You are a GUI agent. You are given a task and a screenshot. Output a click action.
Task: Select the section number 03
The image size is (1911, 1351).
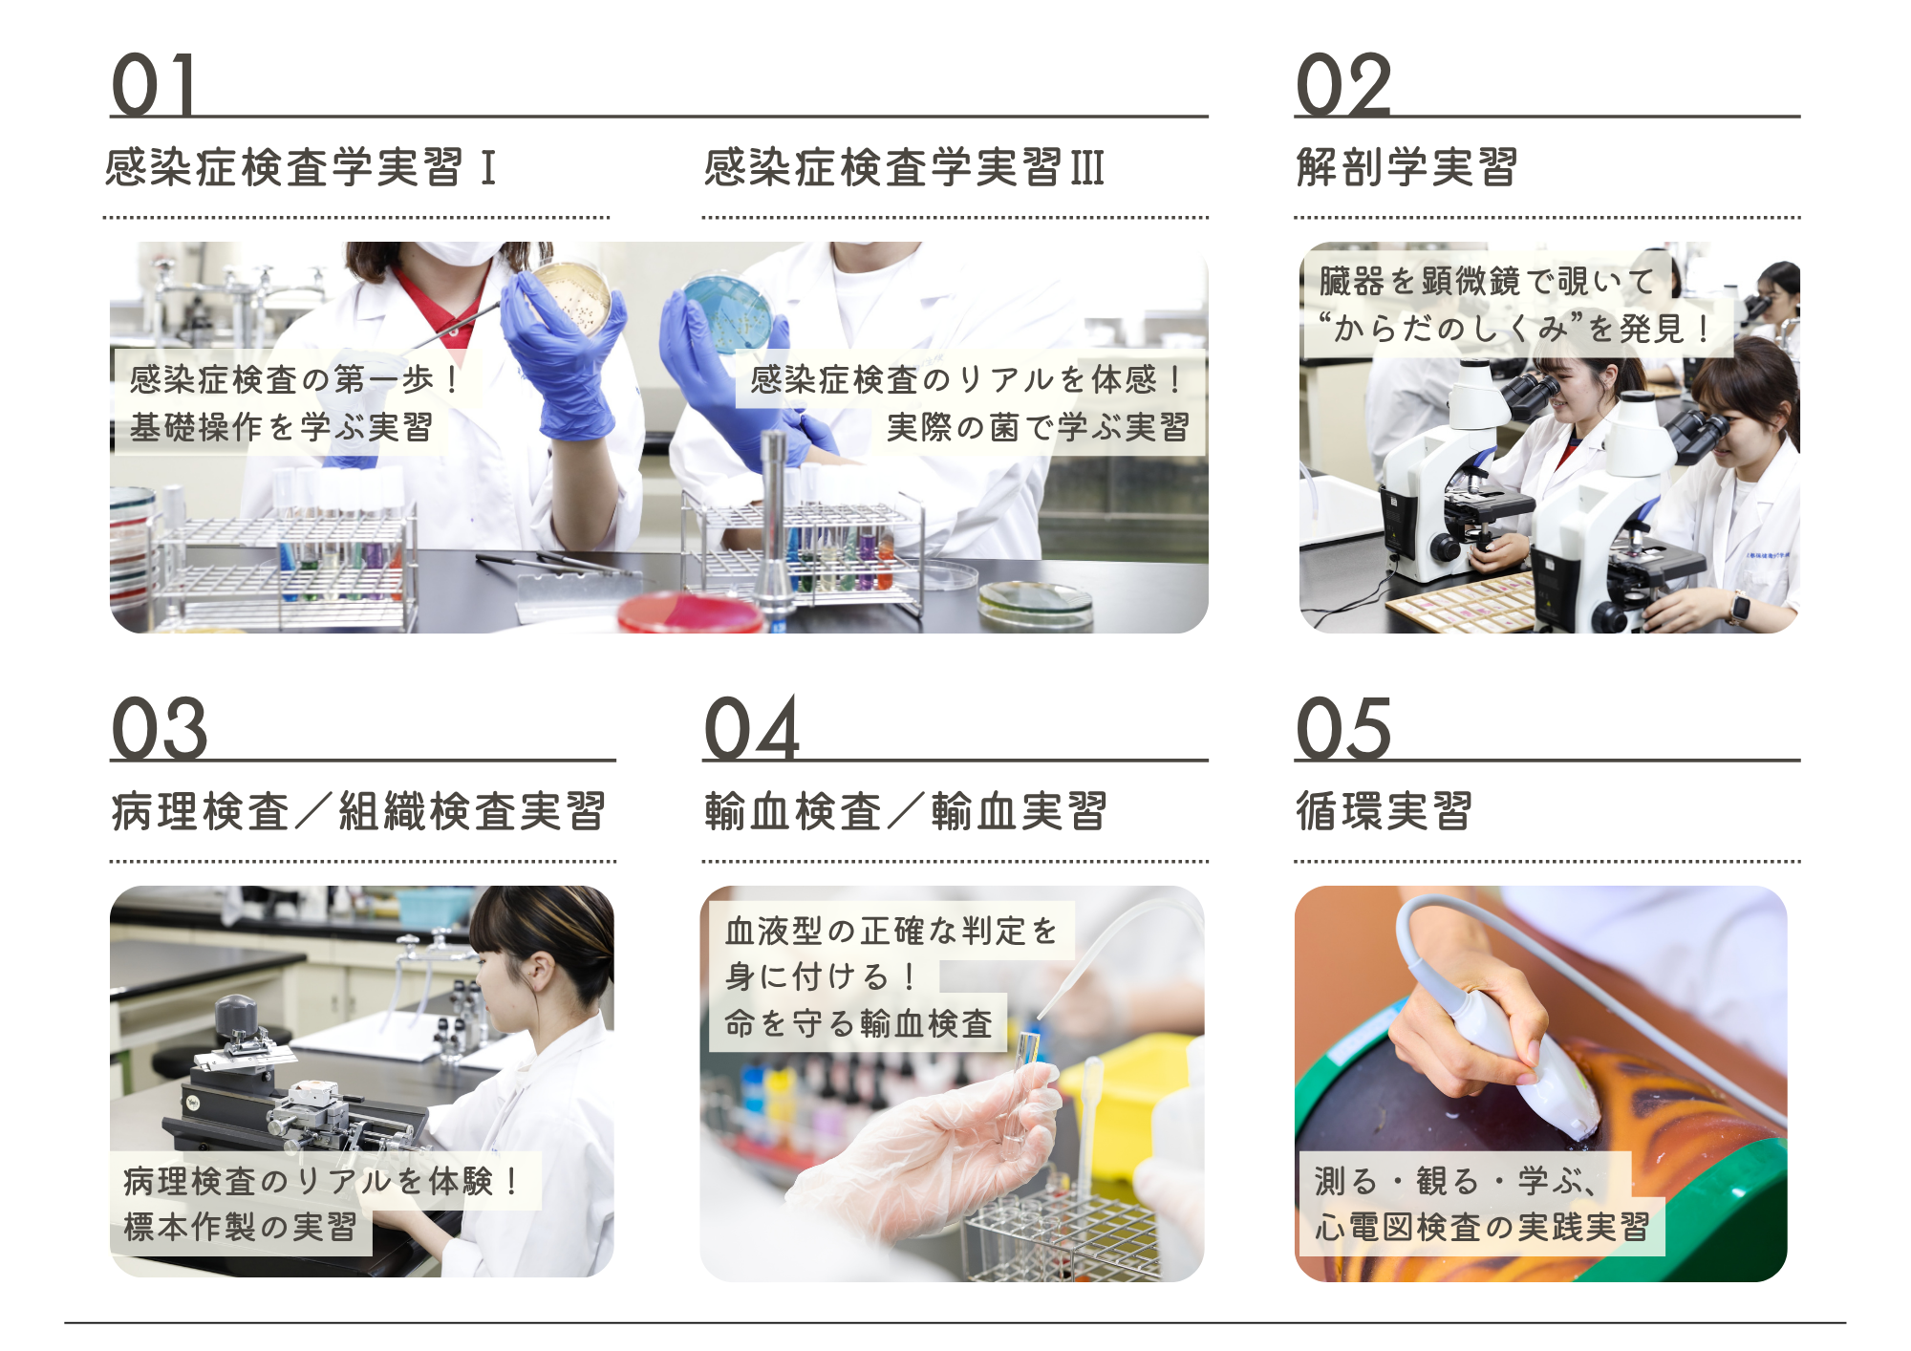160,728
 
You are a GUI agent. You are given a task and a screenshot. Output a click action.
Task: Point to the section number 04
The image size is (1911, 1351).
752,728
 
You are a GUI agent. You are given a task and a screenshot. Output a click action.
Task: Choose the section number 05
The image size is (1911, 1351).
1343,728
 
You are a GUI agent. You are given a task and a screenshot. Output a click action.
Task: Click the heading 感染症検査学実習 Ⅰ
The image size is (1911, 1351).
300,167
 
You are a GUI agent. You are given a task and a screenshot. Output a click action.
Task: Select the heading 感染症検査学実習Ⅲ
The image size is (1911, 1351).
904,167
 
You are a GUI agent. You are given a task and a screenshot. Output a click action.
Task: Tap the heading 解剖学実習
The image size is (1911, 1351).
1406,167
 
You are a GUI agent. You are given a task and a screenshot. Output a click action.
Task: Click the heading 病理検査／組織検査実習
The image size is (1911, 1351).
358,811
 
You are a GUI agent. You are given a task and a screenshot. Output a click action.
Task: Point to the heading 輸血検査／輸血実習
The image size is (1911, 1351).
906,811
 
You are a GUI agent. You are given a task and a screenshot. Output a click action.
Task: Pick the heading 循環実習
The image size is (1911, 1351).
1384,811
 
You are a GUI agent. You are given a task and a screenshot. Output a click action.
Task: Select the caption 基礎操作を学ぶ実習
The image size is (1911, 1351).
281,427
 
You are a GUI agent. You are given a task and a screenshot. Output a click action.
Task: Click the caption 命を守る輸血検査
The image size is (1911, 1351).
859,1023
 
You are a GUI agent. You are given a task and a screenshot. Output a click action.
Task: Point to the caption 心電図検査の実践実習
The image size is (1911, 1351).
1482,1227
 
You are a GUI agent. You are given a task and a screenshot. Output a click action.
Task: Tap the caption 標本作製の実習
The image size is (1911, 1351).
240,1227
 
